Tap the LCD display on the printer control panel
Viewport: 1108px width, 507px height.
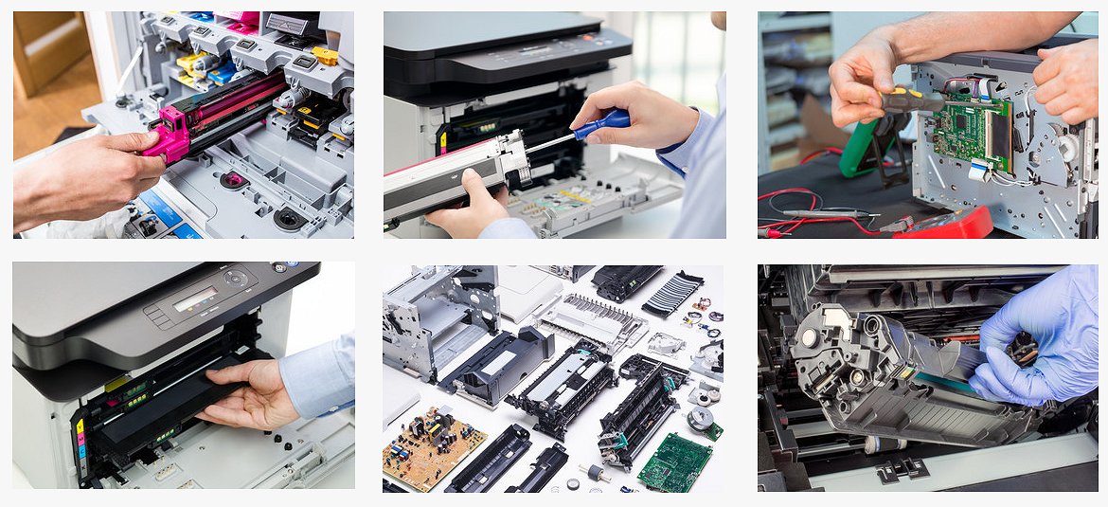[195, 299]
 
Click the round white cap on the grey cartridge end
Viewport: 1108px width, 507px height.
[810, 337]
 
